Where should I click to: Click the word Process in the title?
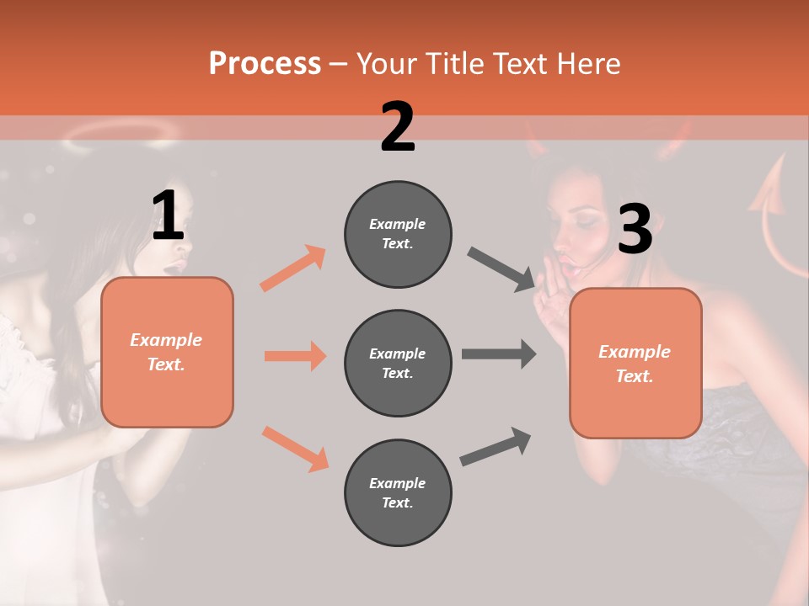coord(265,63)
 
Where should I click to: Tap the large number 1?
coord(168,216)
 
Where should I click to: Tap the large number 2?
coord(398,127)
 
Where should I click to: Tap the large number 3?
coord(635,229)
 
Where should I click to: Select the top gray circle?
coord(398,234)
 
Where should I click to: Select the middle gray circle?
coord(398,363)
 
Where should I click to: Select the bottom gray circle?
coord(398,492)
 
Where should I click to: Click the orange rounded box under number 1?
coord(167,352)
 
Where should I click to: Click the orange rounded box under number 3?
coord(635,364)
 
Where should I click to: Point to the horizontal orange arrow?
coord(295,356)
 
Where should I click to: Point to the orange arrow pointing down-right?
coord(295,449)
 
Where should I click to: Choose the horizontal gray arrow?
coord(499,353)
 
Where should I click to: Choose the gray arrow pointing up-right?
coord(496,446)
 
